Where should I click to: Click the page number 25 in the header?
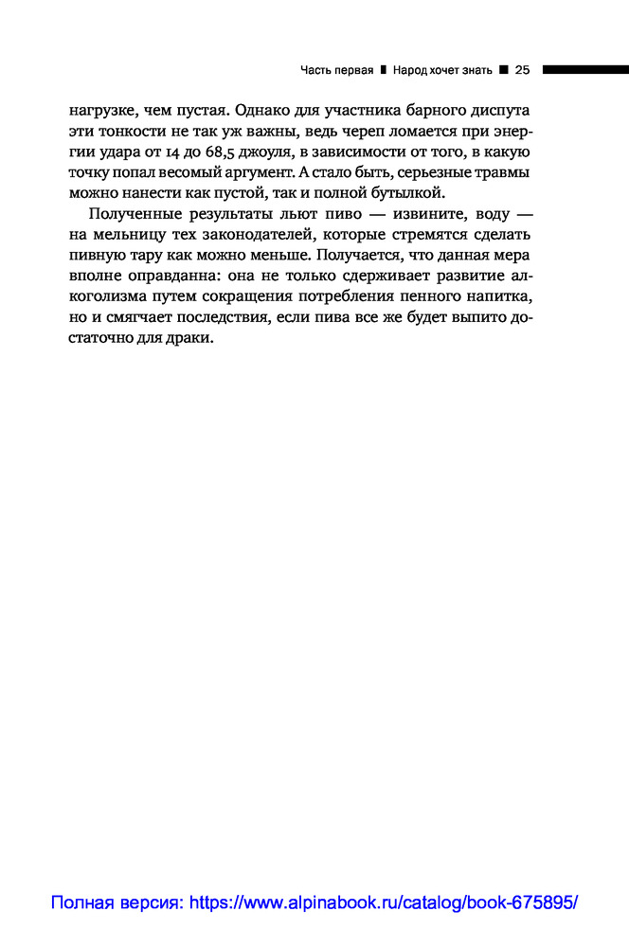522,69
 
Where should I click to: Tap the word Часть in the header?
315,69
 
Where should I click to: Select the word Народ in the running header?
414,69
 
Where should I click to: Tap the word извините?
418,214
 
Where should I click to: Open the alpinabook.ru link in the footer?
314,902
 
